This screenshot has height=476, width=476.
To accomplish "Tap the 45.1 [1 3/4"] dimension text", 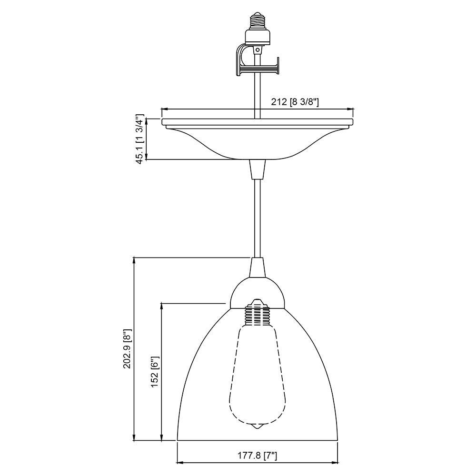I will pyautogui.click(x=140, y=139).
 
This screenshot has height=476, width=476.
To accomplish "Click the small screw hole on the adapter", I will pyautogui.click(x=258, y=49).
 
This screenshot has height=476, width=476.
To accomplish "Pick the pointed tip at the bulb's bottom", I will pyautogui.click(x=257, y=428).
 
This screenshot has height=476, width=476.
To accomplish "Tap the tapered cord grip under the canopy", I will pyautogui.click(x=257, y=169).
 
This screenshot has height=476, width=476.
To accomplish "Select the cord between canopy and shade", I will pyautogui.click(x=257, y=217).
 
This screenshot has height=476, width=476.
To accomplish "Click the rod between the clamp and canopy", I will pyautogui.click(x=257, y=95).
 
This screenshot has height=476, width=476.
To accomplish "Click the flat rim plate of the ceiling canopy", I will pyautogui.click(x=257, y=122).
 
